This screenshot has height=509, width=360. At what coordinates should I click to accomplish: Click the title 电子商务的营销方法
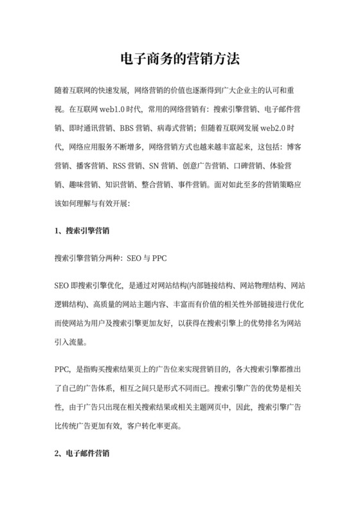coord(180,60)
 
